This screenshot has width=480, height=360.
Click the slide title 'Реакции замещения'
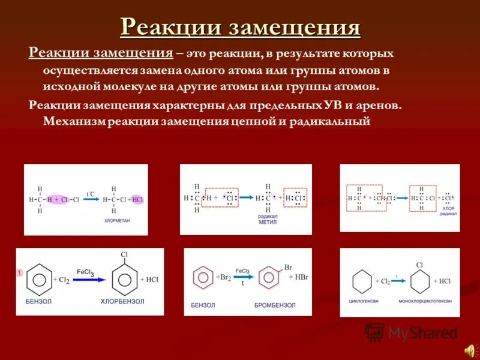240,27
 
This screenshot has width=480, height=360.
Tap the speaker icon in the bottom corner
469,349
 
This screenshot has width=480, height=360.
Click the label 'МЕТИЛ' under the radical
267,221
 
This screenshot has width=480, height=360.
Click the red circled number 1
19,272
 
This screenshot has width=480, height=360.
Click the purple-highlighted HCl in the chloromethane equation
137,199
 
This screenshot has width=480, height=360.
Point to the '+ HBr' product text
298,277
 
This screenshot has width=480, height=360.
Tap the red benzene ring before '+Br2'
203,278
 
